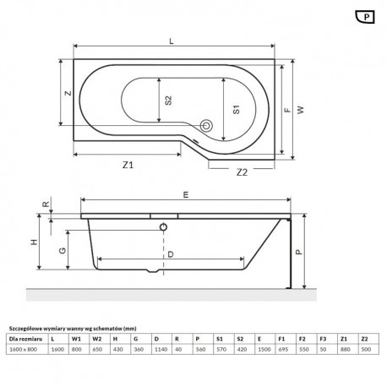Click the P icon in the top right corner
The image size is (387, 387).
[365, 17]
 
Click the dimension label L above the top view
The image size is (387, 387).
[172, 41]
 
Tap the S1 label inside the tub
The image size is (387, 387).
[237, 109]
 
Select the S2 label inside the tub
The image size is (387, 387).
[168, 101]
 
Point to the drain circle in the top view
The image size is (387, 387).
[206, 125]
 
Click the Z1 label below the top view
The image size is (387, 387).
[128, 165]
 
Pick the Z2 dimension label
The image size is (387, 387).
[242, 172]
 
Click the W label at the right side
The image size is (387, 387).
[301, 110]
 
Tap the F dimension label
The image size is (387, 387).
[287, 110]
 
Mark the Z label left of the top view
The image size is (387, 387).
[68, 93]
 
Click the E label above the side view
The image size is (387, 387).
[186, 194]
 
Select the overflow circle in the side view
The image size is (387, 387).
[163, 226]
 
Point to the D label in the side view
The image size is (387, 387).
[171, 254]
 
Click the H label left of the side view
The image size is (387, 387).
[34, 242]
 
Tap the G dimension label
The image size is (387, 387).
[63, 250]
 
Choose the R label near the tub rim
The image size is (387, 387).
[46, 204]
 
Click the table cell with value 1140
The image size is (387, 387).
[161, 349]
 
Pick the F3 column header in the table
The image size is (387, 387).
[323, 339]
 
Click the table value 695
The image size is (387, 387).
[283, 349]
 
